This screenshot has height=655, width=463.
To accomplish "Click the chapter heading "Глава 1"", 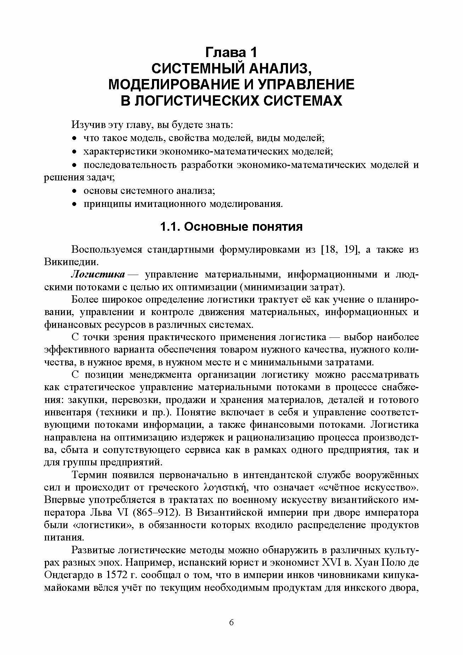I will [x=231, y=53].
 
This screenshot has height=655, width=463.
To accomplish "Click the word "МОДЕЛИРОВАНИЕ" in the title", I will [x=169, y=85].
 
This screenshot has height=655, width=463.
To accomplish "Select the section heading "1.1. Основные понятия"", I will [x=231, y=226].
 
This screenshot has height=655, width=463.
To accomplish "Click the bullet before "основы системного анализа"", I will [x=74, y=191].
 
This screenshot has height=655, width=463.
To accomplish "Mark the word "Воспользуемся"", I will [x=106, y=249].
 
